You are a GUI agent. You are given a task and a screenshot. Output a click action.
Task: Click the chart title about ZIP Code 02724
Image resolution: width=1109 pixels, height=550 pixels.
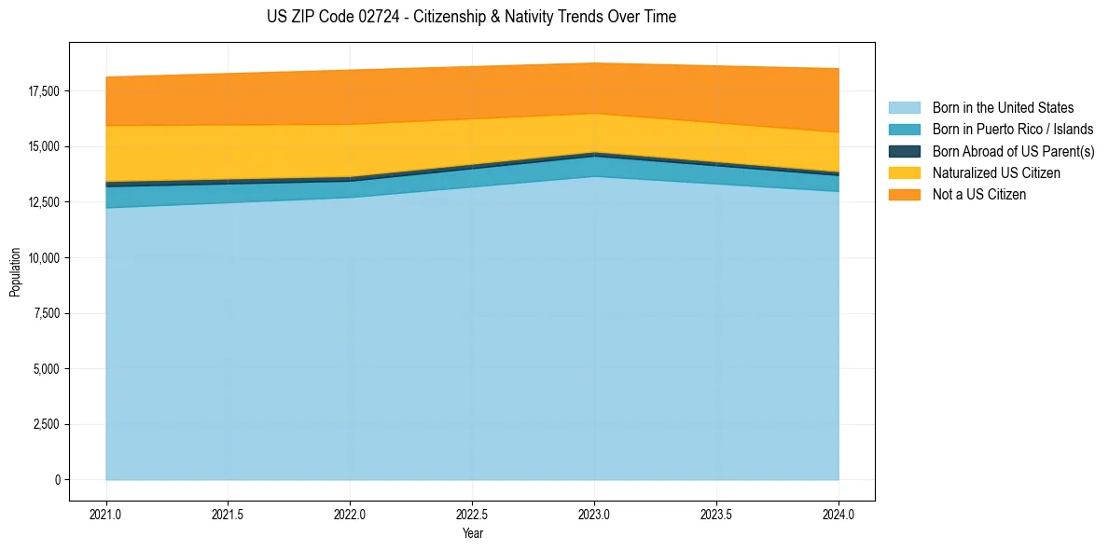pyautogui.click(x=471, y=17)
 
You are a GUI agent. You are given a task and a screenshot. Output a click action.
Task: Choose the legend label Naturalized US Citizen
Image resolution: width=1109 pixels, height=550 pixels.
pyautogui.click(x=996, y=172)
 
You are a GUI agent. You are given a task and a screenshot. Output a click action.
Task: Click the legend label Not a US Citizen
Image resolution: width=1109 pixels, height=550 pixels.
pyautogui.click(x=978, y=194)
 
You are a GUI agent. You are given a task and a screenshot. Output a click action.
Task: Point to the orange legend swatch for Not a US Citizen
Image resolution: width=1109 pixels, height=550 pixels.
pyautogui.click(x=904, y=194)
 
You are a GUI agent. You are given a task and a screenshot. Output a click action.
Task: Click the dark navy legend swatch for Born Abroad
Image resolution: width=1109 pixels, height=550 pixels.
pyautogui.click(x=904, y=151)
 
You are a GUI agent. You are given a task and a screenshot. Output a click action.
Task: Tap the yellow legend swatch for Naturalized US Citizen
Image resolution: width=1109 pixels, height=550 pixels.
pyautogui.click(x=904, y=172)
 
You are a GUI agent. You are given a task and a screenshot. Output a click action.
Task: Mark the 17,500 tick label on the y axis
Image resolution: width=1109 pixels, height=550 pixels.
pyautogui.click(x=43, y=91)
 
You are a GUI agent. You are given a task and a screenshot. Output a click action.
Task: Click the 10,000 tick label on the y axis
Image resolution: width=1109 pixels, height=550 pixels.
pyautogui.click(x=43, y=258)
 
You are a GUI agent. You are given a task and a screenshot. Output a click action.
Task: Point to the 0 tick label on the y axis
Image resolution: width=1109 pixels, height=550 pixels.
pyautogui.click(x=56, y=480)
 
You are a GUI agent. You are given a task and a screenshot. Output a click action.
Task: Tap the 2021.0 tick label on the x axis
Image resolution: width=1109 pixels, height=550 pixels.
pyautogui.click(x=106, y=514)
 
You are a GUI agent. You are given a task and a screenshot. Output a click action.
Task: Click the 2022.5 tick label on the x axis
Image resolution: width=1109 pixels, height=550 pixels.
pyautogui.click(x=472, y=514)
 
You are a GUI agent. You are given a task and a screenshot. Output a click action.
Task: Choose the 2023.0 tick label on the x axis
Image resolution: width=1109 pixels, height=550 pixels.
pyautogui.click(x=594, y=514)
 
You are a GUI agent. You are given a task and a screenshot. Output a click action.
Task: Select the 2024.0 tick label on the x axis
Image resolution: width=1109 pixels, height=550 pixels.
pyautogui.click(x=839, y=514)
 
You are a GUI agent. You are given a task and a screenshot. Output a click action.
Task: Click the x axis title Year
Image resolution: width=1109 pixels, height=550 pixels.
pyautogui.click(x=472, y=533)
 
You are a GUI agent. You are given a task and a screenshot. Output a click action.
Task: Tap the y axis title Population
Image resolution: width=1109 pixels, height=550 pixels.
pyautogui.click(x=15, y=272)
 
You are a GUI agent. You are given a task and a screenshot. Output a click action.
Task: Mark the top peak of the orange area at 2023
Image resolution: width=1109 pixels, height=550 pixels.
pyautogui.click(x=594, y=63)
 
